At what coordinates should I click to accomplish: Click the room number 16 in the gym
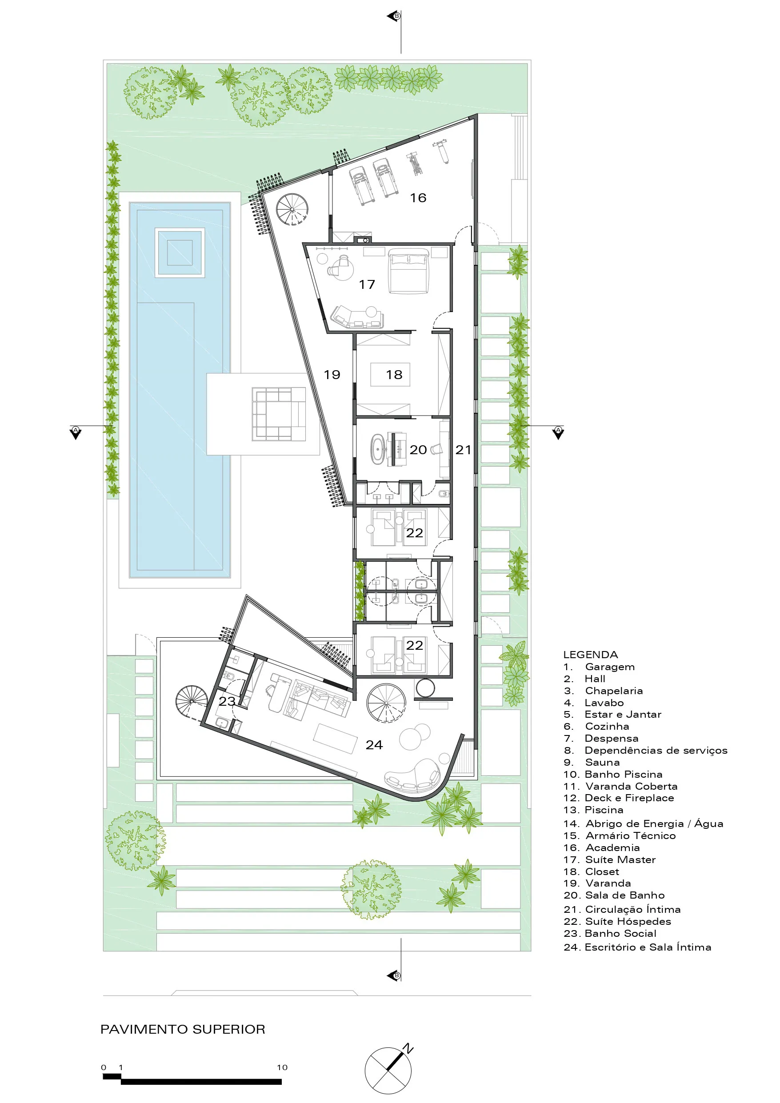418,198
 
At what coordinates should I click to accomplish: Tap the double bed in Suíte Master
408,271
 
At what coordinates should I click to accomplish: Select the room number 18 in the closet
394,375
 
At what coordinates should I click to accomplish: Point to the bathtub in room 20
378,450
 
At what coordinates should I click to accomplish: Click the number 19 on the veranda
332,375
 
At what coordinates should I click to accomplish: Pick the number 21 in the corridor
463,450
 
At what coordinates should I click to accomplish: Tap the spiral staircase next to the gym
292,209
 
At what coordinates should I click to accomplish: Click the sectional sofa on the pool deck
279,414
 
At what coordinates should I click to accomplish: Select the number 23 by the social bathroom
227,701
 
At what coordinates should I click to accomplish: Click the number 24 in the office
374,745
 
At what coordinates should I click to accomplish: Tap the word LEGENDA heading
591,654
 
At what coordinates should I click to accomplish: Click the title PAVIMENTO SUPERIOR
183,1029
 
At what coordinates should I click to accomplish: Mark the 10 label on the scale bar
282,1067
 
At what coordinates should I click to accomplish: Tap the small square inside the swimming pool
180,253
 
